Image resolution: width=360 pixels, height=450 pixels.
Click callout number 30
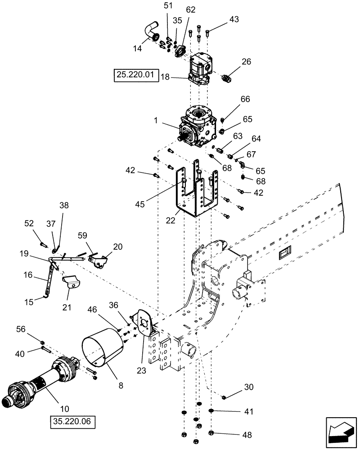click(249, 387)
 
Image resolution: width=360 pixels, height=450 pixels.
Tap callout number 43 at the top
click(234, 19)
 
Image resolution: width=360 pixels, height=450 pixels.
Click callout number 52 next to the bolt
click(29, 223)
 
